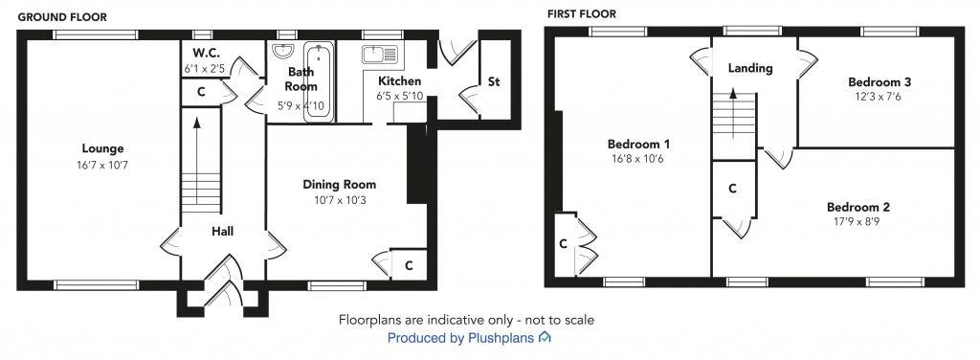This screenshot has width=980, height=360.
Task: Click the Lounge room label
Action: (x=102, y=148)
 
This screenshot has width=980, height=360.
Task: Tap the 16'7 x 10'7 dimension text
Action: (x=102, y=166)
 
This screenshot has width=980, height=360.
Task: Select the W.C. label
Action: (x=206, y=53)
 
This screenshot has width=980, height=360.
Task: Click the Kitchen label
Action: (x=399, y=81)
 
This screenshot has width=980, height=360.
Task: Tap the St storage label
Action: (x=494, y=82)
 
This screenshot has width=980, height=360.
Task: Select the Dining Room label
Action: (x=339, y=185)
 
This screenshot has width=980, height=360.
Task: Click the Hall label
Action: (x=223, y=231)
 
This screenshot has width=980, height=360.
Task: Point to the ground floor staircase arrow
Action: (x=197, y=144)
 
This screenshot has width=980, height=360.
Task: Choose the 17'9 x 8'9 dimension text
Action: (x=858, y=223)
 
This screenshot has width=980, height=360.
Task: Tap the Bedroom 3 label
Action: (x=877, y=81)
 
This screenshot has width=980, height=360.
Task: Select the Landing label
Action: (x=750, y=69)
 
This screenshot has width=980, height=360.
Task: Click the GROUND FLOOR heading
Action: (x=62, y=16)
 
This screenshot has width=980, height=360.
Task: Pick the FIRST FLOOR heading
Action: (x=581, y=13)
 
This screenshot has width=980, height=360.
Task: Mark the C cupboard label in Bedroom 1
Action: (x=564, y=243)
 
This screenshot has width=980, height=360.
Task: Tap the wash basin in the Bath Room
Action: (x=284, y=52)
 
